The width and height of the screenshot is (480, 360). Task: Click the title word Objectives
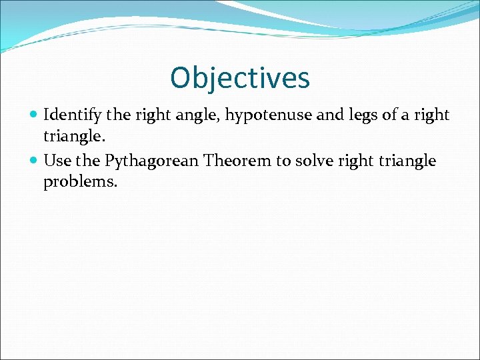click(x=240, y=78)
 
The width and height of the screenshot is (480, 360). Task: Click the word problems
click(x=80, y=182)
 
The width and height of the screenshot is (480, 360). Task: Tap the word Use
click(x=57, y=161)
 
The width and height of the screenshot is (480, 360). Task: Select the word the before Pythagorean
click(x=89, y=161)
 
